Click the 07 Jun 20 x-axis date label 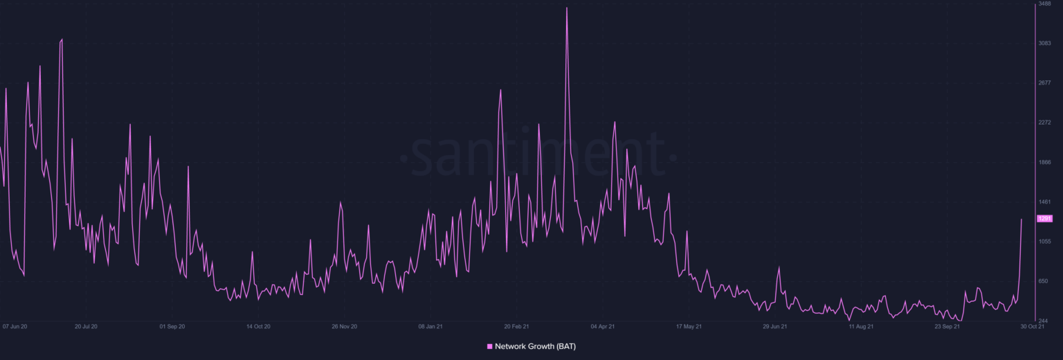pos(15,326)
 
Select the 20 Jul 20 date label pos(86,326)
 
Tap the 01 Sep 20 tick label pos(172,326)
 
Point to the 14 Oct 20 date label pos(257,326)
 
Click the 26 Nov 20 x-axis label pos(344,326)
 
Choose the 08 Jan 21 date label pos(430,326)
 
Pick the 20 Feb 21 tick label pos(516,326)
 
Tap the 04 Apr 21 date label pos(602,326)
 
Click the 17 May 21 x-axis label pos(689,326)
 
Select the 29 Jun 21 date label pos(774,326)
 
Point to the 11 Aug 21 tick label pos(861,326)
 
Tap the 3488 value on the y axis pos(1044,4)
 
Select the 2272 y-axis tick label pos(1044,123)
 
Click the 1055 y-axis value pos(1044,242)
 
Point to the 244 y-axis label pos(1044,321)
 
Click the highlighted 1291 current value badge pos(1044,219)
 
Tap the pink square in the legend pos(490,346)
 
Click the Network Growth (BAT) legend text pos(535,346)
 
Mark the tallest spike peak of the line pos(567,8)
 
